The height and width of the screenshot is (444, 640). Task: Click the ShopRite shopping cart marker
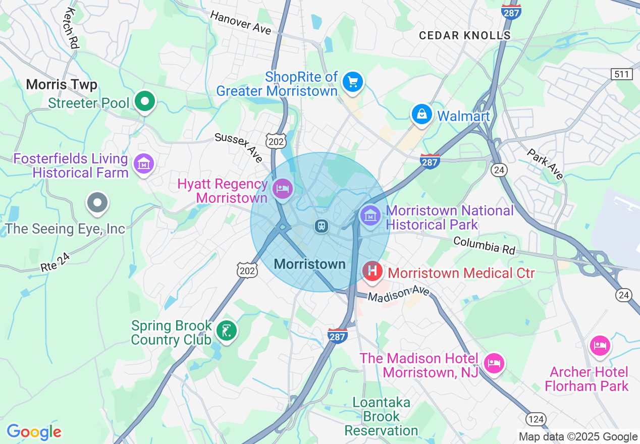click(x=352, y=81)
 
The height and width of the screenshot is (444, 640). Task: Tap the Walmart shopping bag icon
click(x=421, y=115)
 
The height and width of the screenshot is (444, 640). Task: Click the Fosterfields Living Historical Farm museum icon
click(x=143, y=164)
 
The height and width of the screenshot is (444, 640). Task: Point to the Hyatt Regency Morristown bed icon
click(x=282, y=189)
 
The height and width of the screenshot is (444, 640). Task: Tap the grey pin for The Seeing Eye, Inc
click(x=97, y=203)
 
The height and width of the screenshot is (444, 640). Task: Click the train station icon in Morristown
click(x=321, y=226)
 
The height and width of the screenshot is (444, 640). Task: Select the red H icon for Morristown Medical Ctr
click(x=372, y=271)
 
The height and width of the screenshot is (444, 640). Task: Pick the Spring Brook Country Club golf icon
click(x=226, y=331)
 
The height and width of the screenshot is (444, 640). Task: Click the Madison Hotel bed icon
click(x=493, y=363)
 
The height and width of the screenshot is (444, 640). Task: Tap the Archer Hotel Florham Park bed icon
click(x=600, y=346)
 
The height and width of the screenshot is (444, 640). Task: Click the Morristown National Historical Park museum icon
click(x=370, y=216)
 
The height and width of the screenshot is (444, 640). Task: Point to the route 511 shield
click(x=621, y=74)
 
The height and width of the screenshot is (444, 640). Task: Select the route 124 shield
click(x=535, y=418)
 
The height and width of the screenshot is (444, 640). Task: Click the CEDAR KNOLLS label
click(x=465, y=35)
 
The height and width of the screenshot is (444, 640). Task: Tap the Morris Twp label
click(x=62, y=84)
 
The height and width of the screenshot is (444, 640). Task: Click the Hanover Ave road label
click(x=241, y=23)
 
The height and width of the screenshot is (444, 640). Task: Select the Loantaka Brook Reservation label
click(x=381, y=417)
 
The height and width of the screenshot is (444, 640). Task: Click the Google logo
click(x=34, y=432)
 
